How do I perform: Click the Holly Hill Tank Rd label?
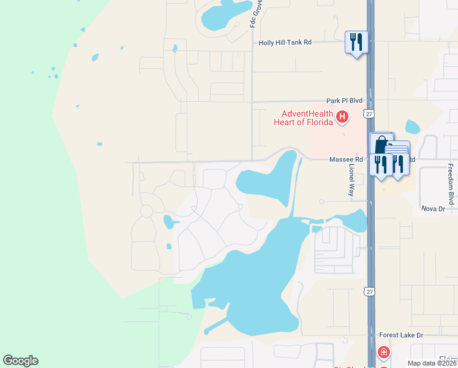285,42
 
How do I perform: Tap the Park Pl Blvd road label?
345,101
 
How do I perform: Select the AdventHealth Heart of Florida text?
307,117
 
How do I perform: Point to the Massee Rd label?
346,159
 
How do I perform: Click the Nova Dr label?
433,209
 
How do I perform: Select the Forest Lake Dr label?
401,335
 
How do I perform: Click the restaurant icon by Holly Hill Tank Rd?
356,42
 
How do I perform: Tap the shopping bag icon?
381,145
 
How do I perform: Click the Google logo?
20,361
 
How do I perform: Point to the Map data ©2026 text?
432,363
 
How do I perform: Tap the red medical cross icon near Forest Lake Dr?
383,352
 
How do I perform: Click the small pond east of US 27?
413,127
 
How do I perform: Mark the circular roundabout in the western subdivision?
146,211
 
